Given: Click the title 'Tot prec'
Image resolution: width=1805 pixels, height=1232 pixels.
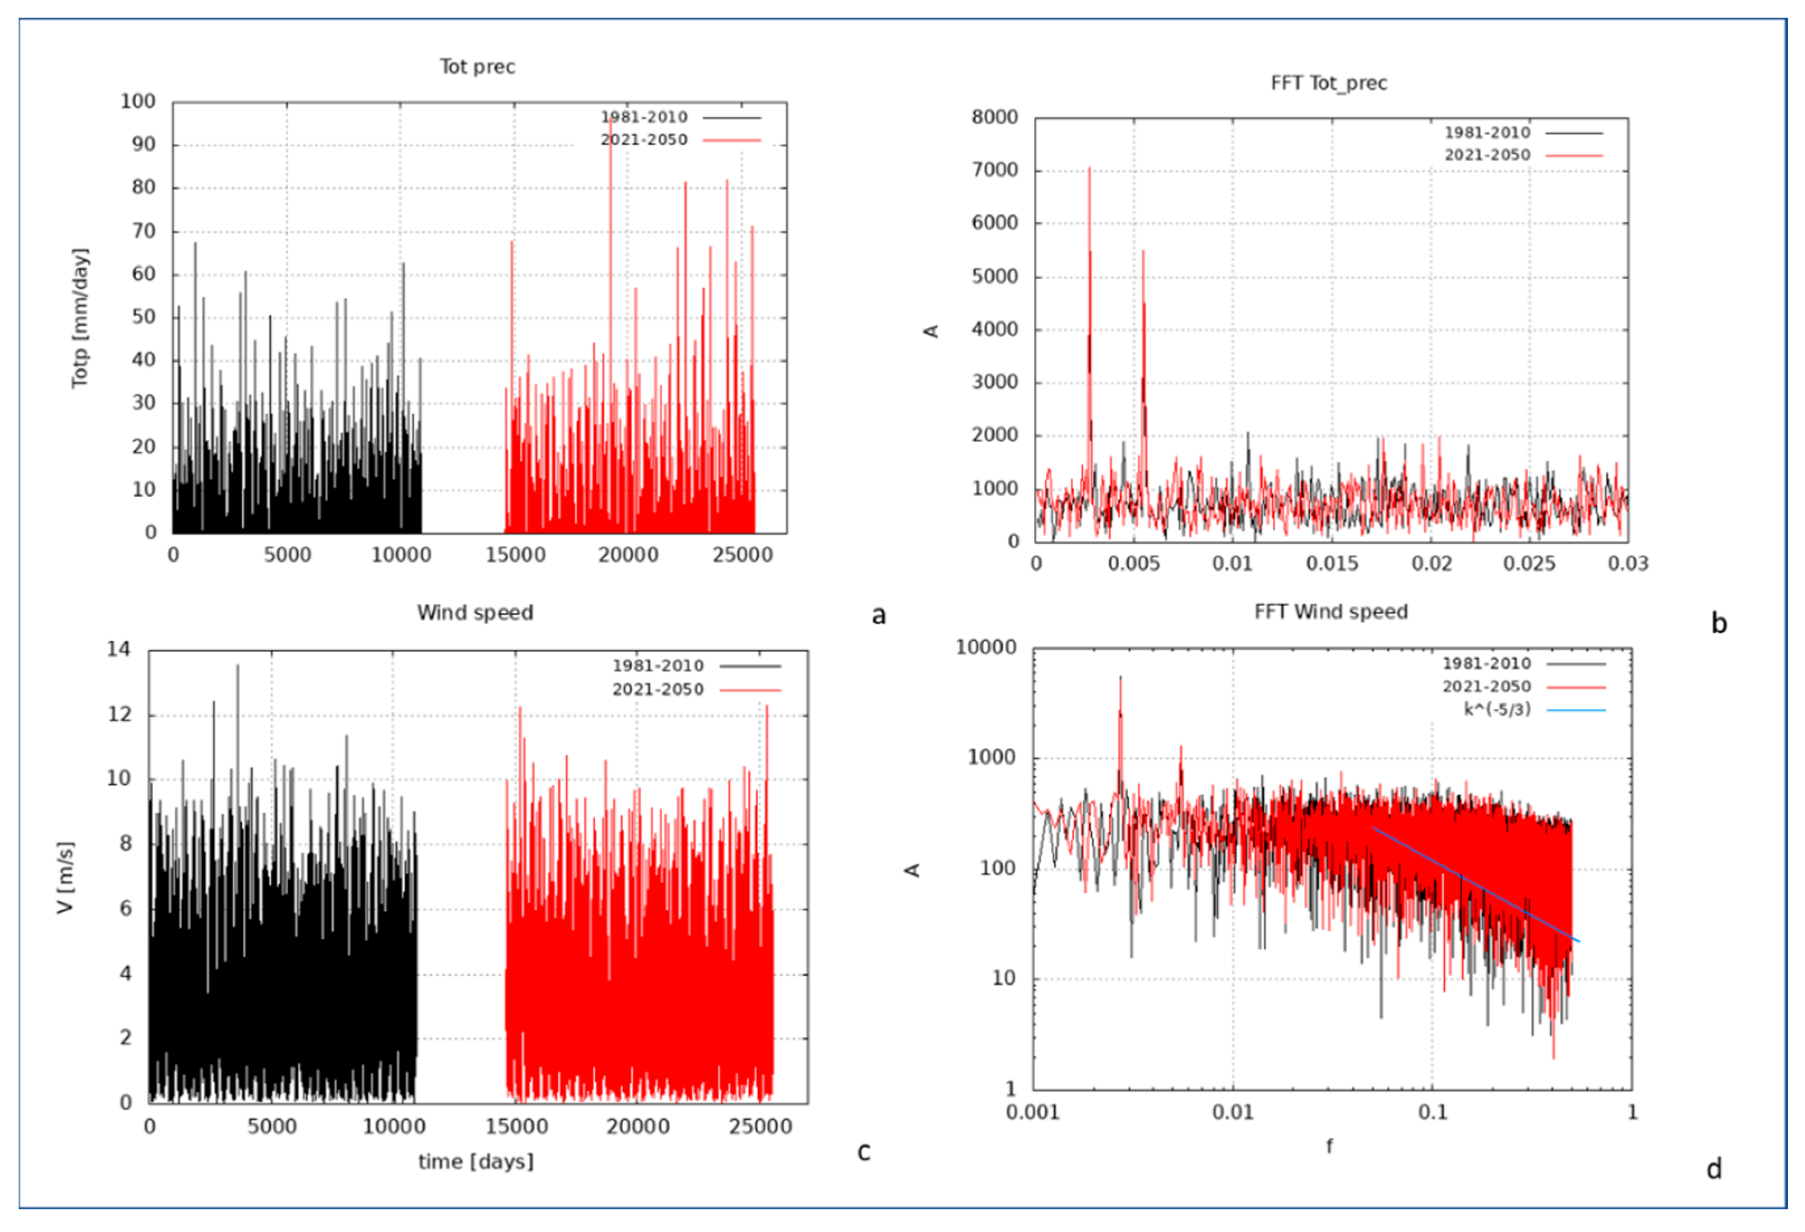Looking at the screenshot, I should (x=477, y=67).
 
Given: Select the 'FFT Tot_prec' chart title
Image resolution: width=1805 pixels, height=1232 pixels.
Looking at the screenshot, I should (x=1328, y=83).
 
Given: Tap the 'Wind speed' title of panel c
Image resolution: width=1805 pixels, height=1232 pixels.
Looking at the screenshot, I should (x=475, y=613).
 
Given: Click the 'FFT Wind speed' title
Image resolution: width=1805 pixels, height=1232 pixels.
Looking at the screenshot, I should (x=1330, y=612).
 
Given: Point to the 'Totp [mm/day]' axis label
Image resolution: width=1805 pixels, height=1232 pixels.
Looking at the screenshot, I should (x=80, y=319).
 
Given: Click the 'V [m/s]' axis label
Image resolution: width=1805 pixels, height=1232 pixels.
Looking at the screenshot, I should (x=65, y=877).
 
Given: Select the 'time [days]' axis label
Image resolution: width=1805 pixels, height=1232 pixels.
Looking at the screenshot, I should (x=475, y=1162).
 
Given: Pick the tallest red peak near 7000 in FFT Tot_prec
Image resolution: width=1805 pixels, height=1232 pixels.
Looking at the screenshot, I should (x=1089, y=169).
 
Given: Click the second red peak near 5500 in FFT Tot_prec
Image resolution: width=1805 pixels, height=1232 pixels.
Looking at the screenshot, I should (x=1142, y=252).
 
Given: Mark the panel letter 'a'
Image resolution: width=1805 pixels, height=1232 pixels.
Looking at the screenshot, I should (x=878, y=615).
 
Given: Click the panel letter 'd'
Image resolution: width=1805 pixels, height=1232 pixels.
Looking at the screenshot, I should (x=1714, y=1169).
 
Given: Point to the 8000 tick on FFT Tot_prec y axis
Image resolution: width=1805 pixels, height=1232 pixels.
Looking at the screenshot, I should (x=994, y=117).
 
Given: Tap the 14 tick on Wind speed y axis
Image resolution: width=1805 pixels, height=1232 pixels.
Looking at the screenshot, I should (x=119, y=649).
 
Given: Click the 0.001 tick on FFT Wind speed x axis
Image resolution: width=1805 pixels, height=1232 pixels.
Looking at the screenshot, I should (x=1032, y=1113).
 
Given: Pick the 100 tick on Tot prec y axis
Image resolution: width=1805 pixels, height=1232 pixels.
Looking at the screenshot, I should (x=137, y=102).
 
